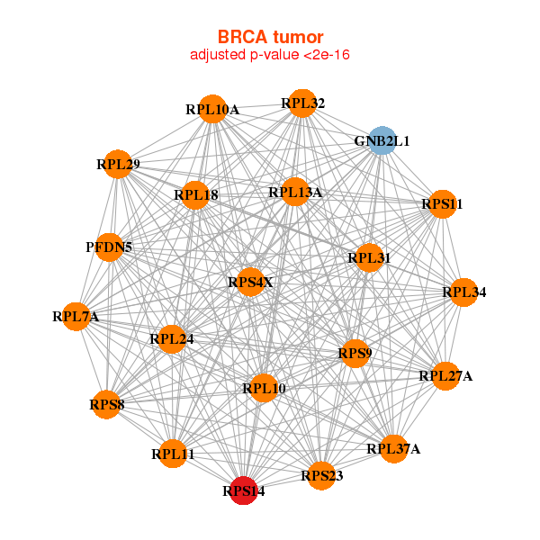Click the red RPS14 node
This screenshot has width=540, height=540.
pos(244,490)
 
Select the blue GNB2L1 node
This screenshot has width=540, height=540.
pos(382,140)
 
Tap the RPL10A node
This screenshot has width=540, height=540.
pos(212,109)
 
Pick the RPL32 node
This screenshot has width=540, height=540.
pos(302,103)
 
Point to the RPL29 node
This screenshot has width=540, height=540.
pos(118,165)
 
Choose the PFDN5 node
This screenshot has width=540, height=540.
pos(109,247)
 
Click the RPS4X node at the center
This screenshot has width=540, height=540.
pos(251,282)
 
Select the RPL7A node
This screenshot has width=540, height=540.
pos(76,317)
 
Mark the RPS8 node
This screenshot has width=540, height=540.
pos(106,405)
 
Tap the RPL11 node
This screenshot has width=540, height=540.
pos(173,454)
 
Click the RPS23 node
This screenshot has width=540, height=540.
pos(321,475)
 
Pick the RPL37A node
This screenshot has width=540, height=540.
pos(393,449)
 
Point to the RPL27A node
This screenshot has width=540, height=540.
pos(445,376)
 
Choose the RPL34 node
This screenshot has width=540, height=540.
pos(463,292)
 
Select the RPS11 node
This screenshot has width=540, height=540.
pos(443,204)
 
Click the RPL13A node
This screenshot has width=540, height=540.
pos(295,192)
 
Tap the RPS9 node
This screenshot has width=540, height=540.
pos(355,354)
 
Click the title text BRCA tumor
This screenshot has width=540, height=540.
pos(270,37)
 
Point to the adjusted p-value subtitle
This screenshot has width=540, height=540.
pos(270,55)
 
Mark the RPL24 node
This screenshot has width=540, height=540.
pos(171,339)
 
